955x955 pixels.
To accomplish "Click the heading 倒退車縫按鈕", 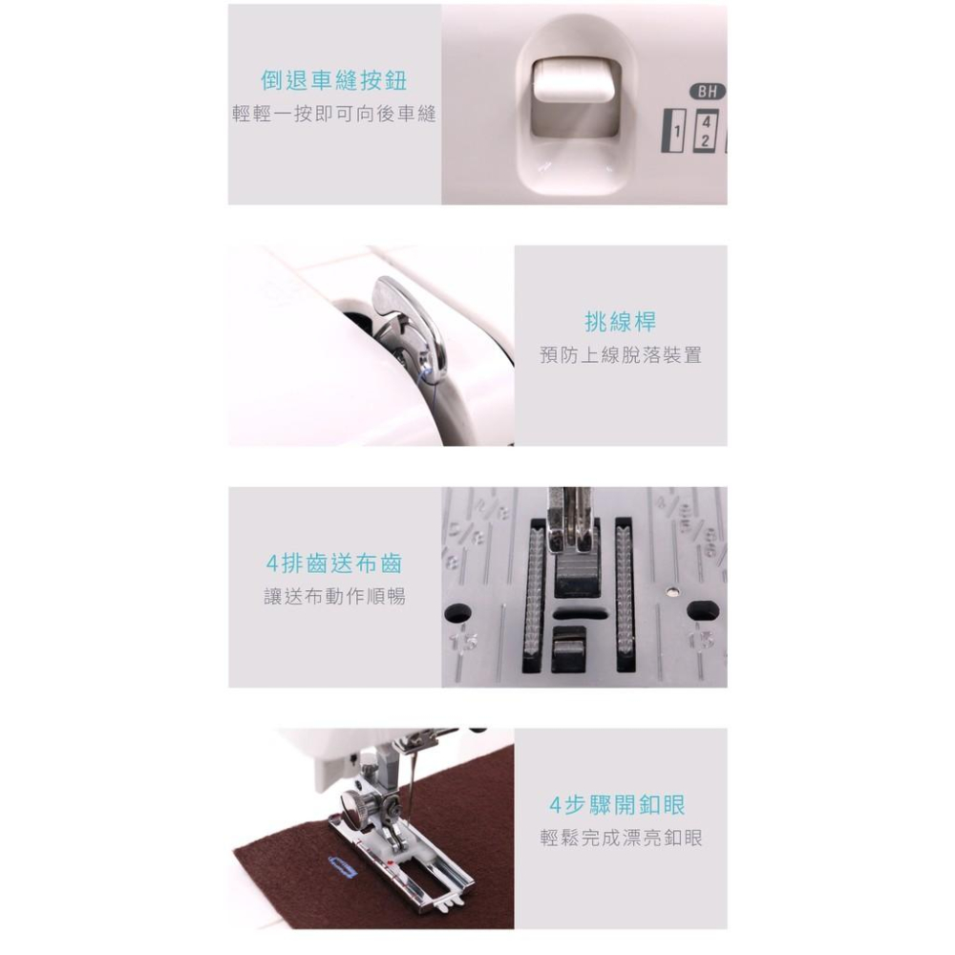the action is [x=333, y=80].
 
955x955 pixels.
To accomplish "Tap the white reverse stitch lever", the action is [x=572, y=81].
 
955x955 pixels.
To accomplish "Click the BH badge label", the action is [x=707, y=92].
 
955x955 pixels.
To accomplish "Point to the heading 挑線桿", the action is [x=621, y=322].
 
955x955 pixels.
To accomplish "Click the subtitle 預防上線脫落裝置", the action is [x=621, y=355].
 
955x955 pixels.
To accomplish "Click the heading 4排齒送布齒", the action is [x=333, y=563].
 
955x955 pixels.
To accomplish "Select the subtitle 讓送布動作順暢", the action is [x=334, y=596].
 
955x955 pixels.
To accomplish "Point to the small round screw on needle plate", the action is [x=671, y=591].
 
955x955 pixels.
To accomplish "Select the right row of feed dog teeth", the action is [x=623, y=594].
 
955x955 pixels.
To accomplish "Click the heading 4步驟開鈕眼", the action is [x=617, y=805].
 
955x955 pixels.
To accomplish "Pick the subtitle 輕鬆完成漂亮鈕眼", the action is [x=622, y=838].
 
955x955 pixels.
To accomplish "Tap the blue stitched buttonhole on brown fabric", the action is [x=342, y=866].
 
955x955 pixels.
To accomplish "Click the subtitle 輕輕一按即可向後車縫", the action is [x=334, y=114].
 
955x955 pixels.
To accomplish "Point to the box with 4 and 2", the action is [x=705, y=131].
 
